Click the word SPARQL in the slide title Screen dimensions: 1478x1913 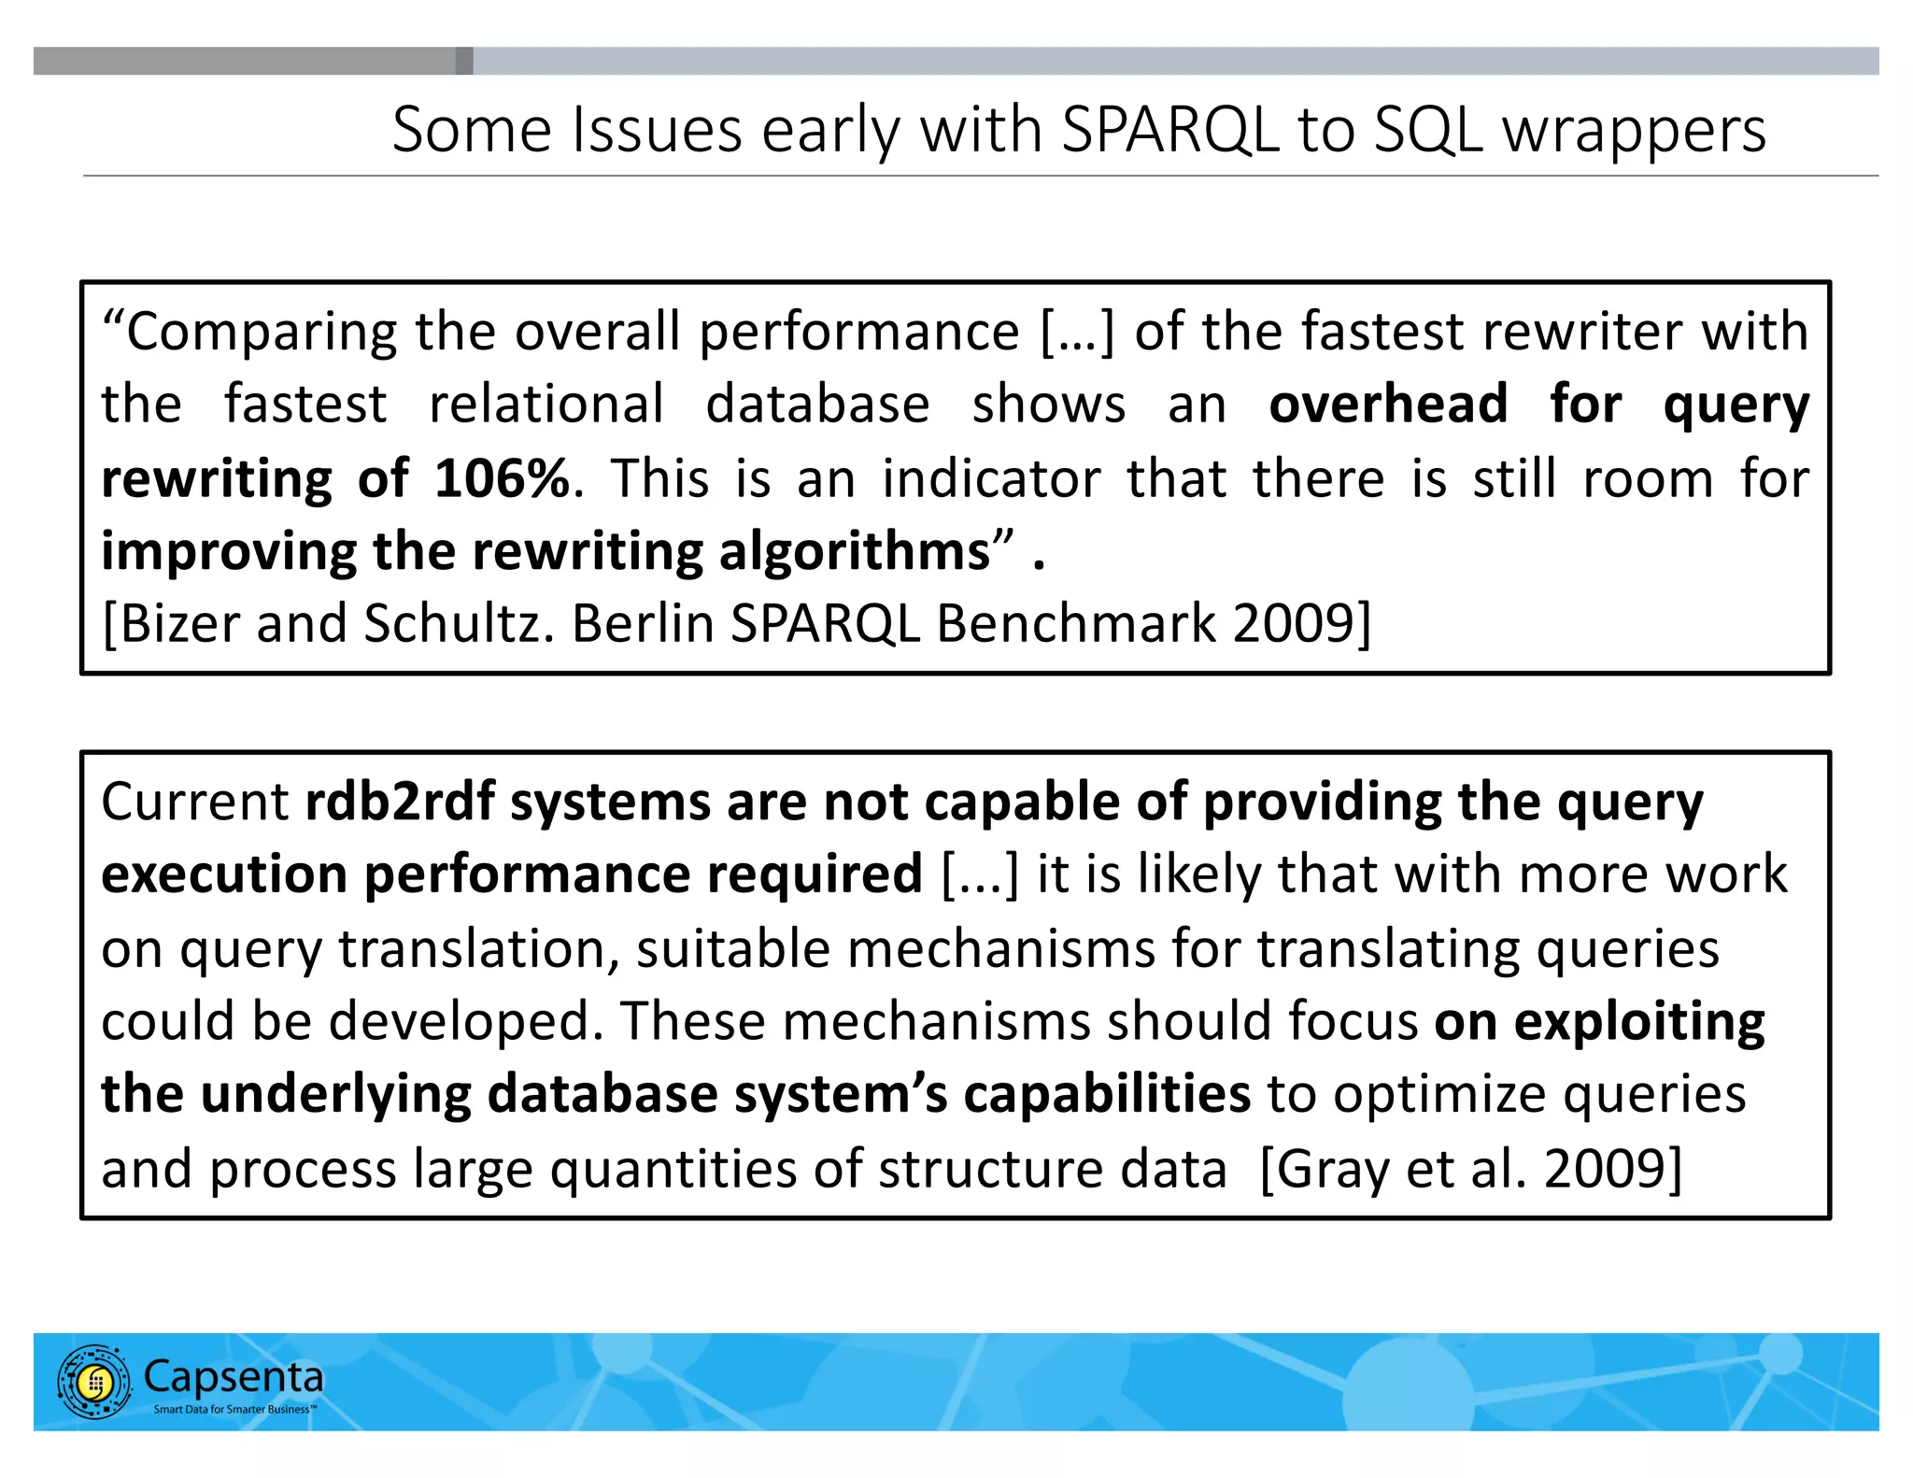[x=1169, y=130]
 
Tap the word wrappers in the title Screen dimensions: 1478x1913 [x=1634, y=132]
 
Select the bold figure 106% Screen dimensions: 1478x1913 [x=502, y=478]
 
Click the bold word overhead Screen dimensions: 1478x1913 [x=1388, y=404]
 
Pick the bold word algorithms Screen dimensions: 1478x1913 [x=854, y=551]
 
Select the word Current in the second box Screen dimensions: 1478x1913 [x=195, y=802]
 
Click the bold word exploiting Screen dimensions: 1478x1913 [x=1639, y=1021]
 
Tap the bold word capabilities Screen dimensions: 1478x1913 [x=1107, y=1094]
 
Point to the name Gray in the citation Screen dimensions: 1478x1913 [x=1332, y=1169]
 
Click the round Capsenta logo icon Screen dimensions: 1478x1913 [x=94, y=1382]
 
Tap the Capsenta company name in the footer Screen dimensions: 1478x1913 [x=234, y=1376]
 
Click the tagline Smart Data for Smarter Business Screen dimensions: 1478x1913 [x=234, y=1409]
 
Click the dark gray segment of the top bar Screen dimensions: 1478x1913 [x=252, y=61]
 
